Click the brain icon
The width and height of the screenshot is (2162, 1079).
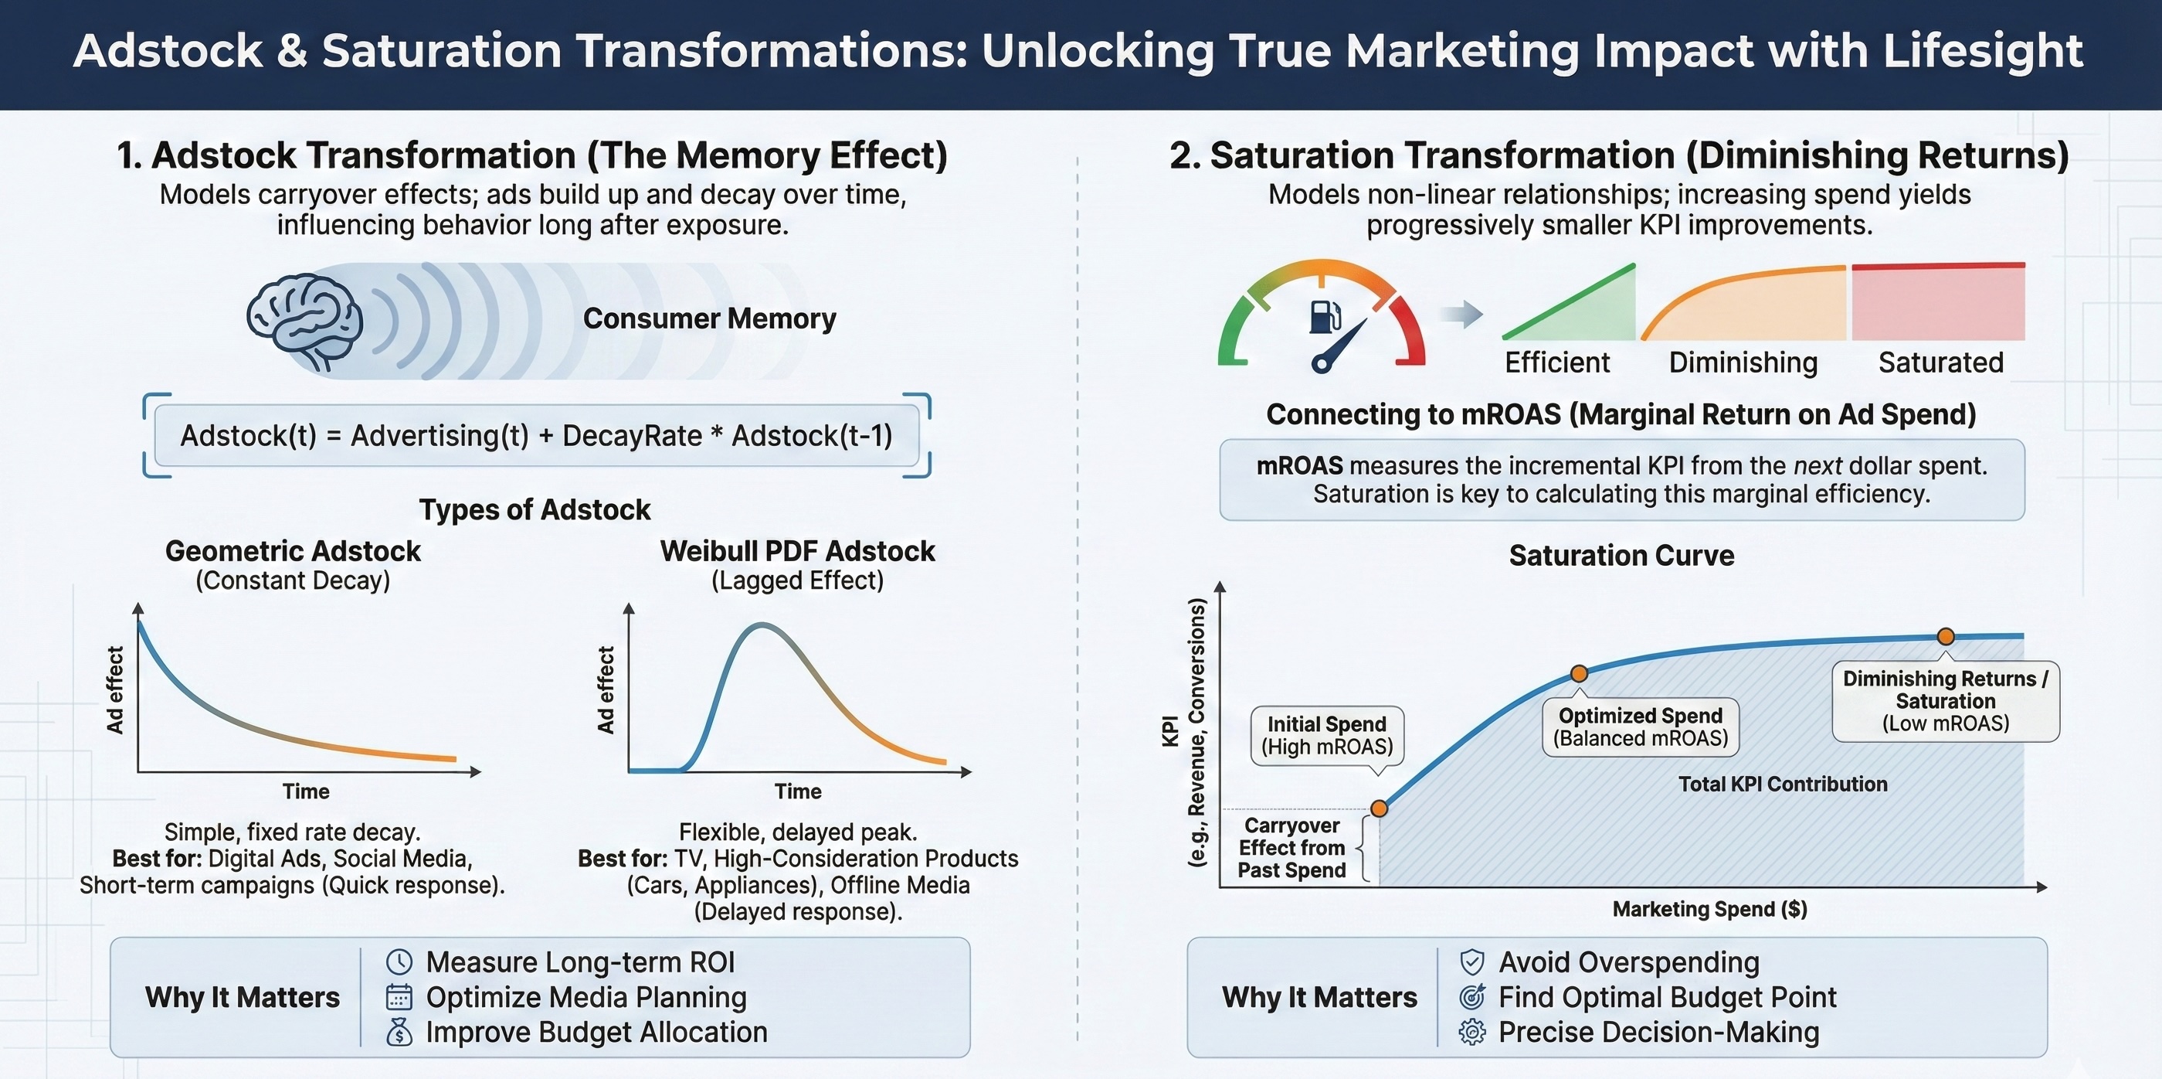[304, 322]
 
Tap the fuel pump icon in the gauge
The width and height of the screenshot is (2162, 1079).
[1325, 317]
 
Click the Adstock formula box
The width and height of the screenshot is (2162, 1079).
[537, 436]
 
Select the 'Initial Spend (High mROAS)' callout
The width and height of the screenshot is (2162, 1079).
[1327, 736]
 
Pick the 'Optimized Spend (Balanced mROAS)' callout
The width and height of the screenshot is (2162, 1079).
[1641, 727]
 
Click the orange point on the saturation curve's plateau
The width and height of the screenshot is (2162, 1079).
[1946, 636]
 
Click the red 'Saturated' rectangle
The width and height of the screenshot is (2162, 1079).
[1938, 301]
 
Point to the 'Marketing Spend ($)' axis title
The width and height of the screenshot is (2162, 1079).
[1709, 910]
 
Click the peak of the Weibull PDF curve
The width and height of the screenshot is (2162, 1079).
[762, 625]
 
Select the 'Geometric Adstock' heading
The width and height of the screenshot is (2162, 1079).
[293, 551]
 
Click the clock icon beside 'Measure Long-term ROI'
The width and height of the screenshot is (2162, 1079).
[399, 962]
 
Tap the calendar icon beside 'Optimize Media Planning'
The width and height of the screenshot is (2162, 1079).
[399, 998]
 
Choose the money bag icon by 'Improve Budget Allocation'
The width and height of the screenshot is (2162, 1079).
[399, 1032]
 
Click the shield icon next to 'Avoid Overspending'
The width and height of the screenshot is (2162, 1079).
[1472, 962]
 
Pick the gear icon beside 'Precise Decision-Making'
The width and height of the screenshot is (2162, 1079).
[1472, 1032]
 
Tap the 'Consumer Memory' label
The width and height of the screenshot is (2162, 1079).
[709, 319]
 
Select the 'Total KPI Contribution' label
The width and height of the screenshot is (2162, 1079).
[1783, 785]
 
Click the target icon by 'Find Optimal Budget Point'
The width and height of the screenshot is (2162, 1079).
[1472, 997]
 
